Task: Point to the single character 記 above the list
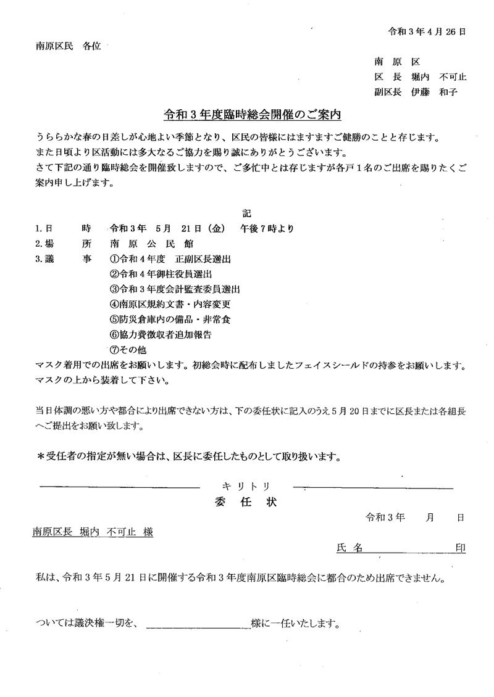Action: (246, 213)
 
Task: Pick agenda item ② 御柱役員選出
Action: (162, 273)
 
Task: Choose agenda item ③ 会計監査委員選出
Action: (174, 289)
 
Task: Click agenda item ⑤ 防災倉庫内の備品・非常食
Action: (170, 320)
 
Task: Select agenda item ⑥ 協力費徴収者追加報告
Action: (161, 335)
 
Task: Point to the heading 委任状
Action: (246, 501)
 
